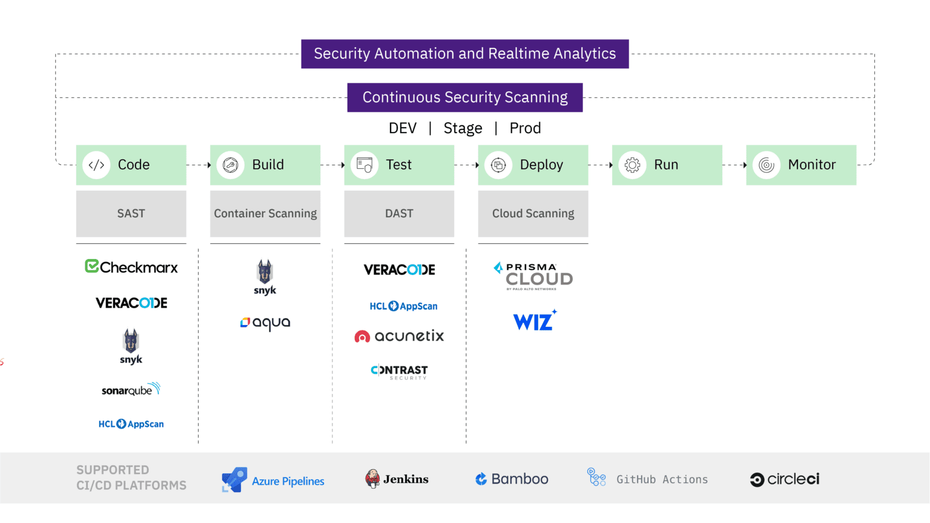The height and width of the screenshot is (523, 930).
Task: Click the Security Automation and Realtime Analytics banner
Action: [464, 54]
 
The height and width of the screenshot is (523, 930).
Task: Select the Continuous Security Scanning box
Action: [464, 97]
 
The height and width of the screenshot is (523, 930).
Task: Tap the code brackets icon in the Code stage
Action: [96, 165]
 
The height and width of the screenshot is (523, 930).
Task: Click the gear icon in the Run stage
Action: [632, 165]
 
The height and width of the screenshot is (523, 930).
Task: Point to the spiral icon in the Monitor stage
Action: [766, 165]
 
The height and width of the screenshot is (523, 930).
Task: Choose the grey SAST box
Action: [131, 214]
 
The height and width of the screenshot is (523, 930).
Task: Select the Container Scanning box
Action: [265, 214]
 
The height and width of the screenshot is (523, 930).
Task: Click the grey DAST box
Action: [399, 214]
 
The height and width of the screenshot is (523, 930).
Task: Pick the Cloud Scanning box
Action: [533, 214]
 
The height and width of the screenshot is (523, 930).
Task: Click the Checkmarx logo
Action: [131, 267]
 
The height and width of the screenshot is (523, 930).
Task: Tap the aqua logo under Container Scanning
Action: [265, 323]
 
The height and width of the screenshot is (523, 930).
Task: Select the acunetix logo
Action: [399, 336]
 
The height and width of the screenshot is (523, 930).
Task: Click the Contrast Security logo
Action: [399, 371]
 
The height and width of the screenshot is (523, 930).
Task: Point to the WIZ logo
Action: [534, 321]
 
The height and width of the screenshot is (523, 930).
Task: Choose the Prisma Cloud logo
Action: [533, 276]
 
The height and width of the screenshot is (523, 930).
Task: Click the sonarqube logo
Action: [131, 389]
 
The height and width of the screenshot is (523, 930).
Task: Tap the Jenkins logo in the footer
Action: [397, 479]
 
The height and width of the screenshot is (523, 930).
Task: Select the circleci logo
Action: [784, 479]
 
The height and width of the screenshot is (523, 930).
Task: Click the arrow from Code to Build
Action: [199, 165]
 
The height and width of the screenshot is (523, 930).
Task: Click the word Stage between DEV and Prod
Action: [463, 128]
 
